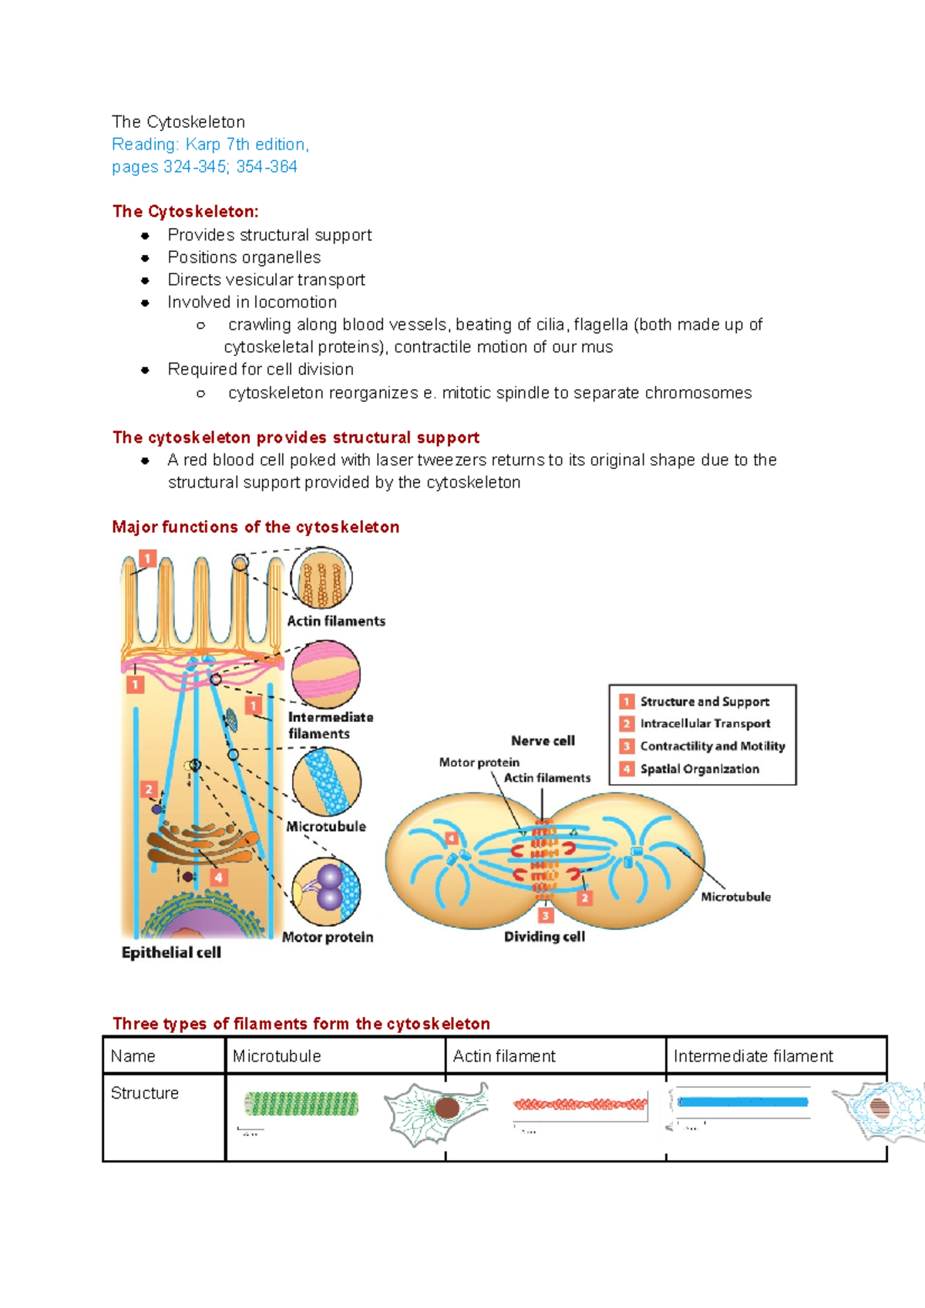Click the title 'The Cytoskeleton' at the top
click(x=178, y=122)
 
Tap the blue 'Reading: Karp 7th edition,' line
click(x=210, y=144)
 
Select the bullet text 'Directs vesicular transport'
click(x=266, y=280)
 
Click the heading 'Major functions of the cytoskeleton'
click(x=255, y=527)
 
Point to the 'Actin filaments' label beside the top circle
click(x=336, y=621)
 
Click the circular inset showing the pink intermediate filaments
click(x=326, y=674)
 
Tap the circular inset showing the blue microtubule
click(x=327, y=782)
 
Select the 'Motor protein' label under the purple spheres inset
click(x=328, y=937)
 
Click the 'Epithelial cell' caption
click(x=171, y=953)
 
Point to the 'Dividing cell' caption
click(x=544, y=937)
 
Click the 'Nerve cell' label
click(x=543, y=741)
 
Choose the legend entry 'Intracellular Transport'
click(x=705, y=724)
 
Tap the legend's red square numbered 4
click(x=627, y=769)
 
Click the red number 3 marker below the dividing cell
click(x=546, y=915)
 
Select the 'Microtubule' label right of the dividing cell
click(x=735, y=897)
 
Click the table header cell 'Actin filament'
click(x=504, y=1056)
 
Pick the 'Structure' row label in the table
click(x=145, y=1093)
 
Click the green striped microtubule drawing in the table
click(x=301, y=1103)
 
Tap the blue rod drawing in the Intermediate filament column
click(x=743, y=1102)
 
